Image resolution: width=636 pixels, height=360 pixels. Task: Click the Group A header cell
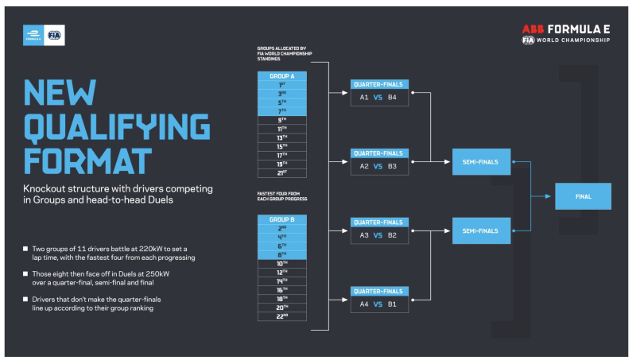click(282, 75)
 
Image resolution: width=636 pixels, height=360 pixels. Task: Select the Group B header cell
click(282, 219)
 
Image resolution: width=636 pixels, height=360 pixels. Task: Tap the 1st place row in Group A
click(282, 84)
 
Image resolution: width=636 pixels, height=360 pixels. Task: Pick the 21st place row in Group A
click(282, 172)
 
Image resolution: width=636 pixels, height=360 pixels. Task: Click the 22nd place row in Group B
click(282, 315)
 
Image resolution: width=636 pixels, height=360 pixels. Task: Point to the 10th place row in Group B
click(282, 263)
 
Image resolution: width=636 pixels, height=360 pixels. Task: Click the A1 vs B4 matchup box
click(379, 98)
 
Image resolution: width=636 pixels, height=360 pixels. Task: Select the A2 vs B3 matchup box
click(379, 167)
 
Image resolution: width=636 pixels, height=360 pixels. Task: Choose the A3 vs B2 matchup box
click(379, 236)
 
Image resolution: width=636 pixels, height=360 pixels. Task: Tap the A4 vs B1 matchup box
click(379, 304)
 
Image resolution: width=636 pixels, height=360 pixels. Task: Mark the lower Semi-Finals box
click(481, 230)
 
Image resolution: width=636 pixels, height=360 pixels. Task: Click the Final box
click(583, 196)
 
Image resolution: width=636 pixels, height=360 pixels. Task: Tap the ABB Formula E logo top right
click(566, 33)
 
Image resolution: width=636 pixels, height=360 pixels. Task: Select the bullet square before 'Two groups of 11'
click(26, 250)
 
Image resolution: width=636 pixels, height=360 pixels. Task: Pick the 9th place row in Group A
click(282, 119)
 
